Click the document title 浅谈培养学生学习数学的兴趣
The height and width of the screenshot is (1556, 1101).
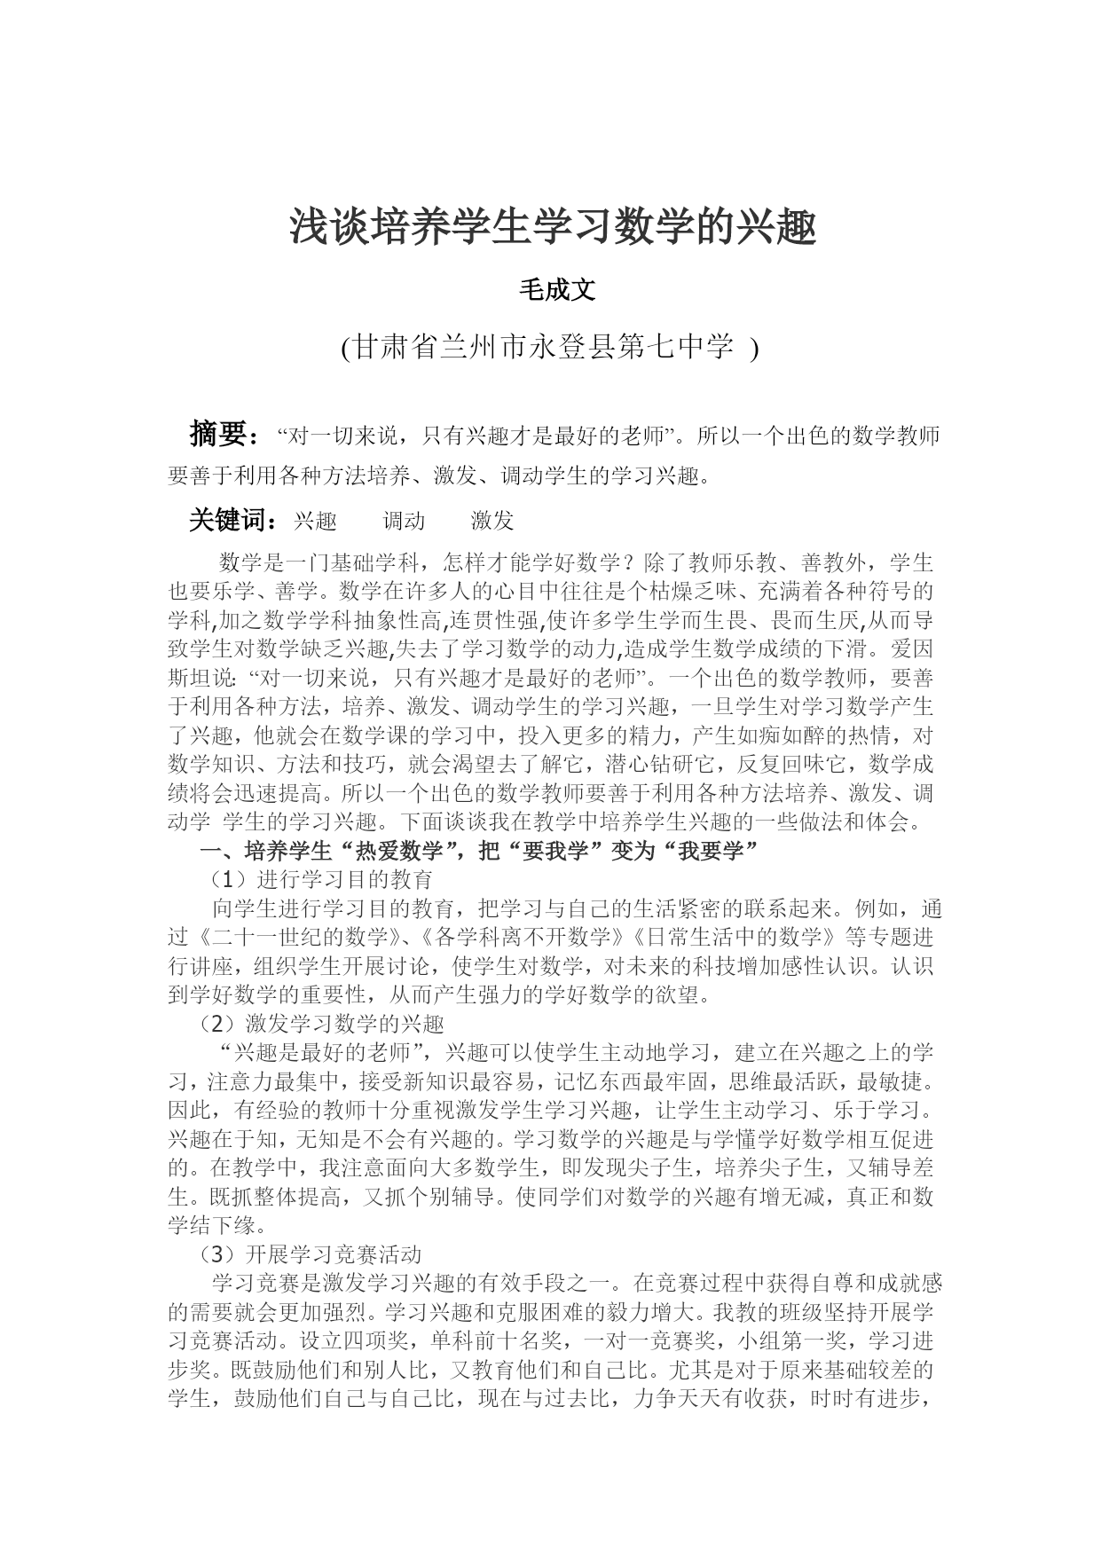(x=553, y=229)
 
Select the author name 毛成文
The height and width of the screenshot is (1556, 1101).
(x=556, y=290)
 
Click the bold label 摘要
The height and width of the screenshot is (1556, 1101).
(x=217, y=434)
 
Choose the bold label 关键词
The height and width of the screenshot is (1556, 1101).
(x=231, y=521)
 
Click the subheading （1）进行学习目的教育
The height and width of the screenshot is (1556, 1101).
(x=320, y=880)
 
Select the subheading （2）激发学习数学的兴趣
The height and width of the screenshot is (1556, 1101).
(x=320, y=1025)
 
